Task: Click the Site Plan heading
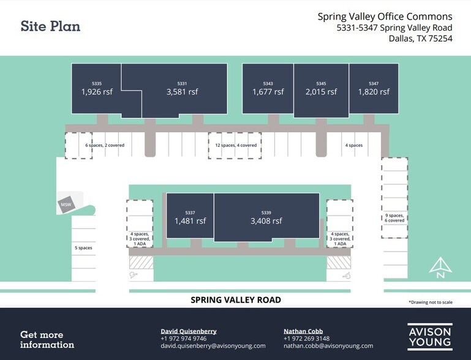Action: click(x=50, y=26)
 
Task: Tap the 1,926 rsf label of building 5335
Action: click(x=97, y=92)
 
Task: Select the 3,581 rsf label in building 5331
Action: click(x=182, y=92)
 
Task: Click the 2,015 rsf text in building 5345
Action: click(x=321, y=92)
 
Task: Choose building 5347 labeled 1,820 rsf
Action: click(x=374, y=92)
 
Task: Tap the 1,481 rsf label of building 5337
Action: click(x=190, y=221)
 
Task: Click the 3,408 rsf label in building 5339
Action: click(x=266, y=221)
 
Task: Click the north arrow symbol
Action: click(x=440, y=268)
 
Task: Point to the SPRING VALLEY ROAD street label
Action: click(x=236, y=300)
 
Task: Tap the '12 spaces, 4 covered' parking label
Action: click(x=236, y=145)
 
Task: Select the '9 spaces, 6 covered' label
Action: click(x=394, y=218)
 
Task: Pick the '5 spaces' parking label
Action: click(x=83, y=248)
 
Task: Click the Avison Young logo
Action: click(x=429, y=337)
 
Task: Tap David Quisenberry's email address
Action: click(x=213, y=346)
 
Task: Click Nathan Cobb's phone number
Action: click(x=306, y=339)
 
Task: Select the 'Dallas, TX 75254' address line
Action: click(x=420, y=39)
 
